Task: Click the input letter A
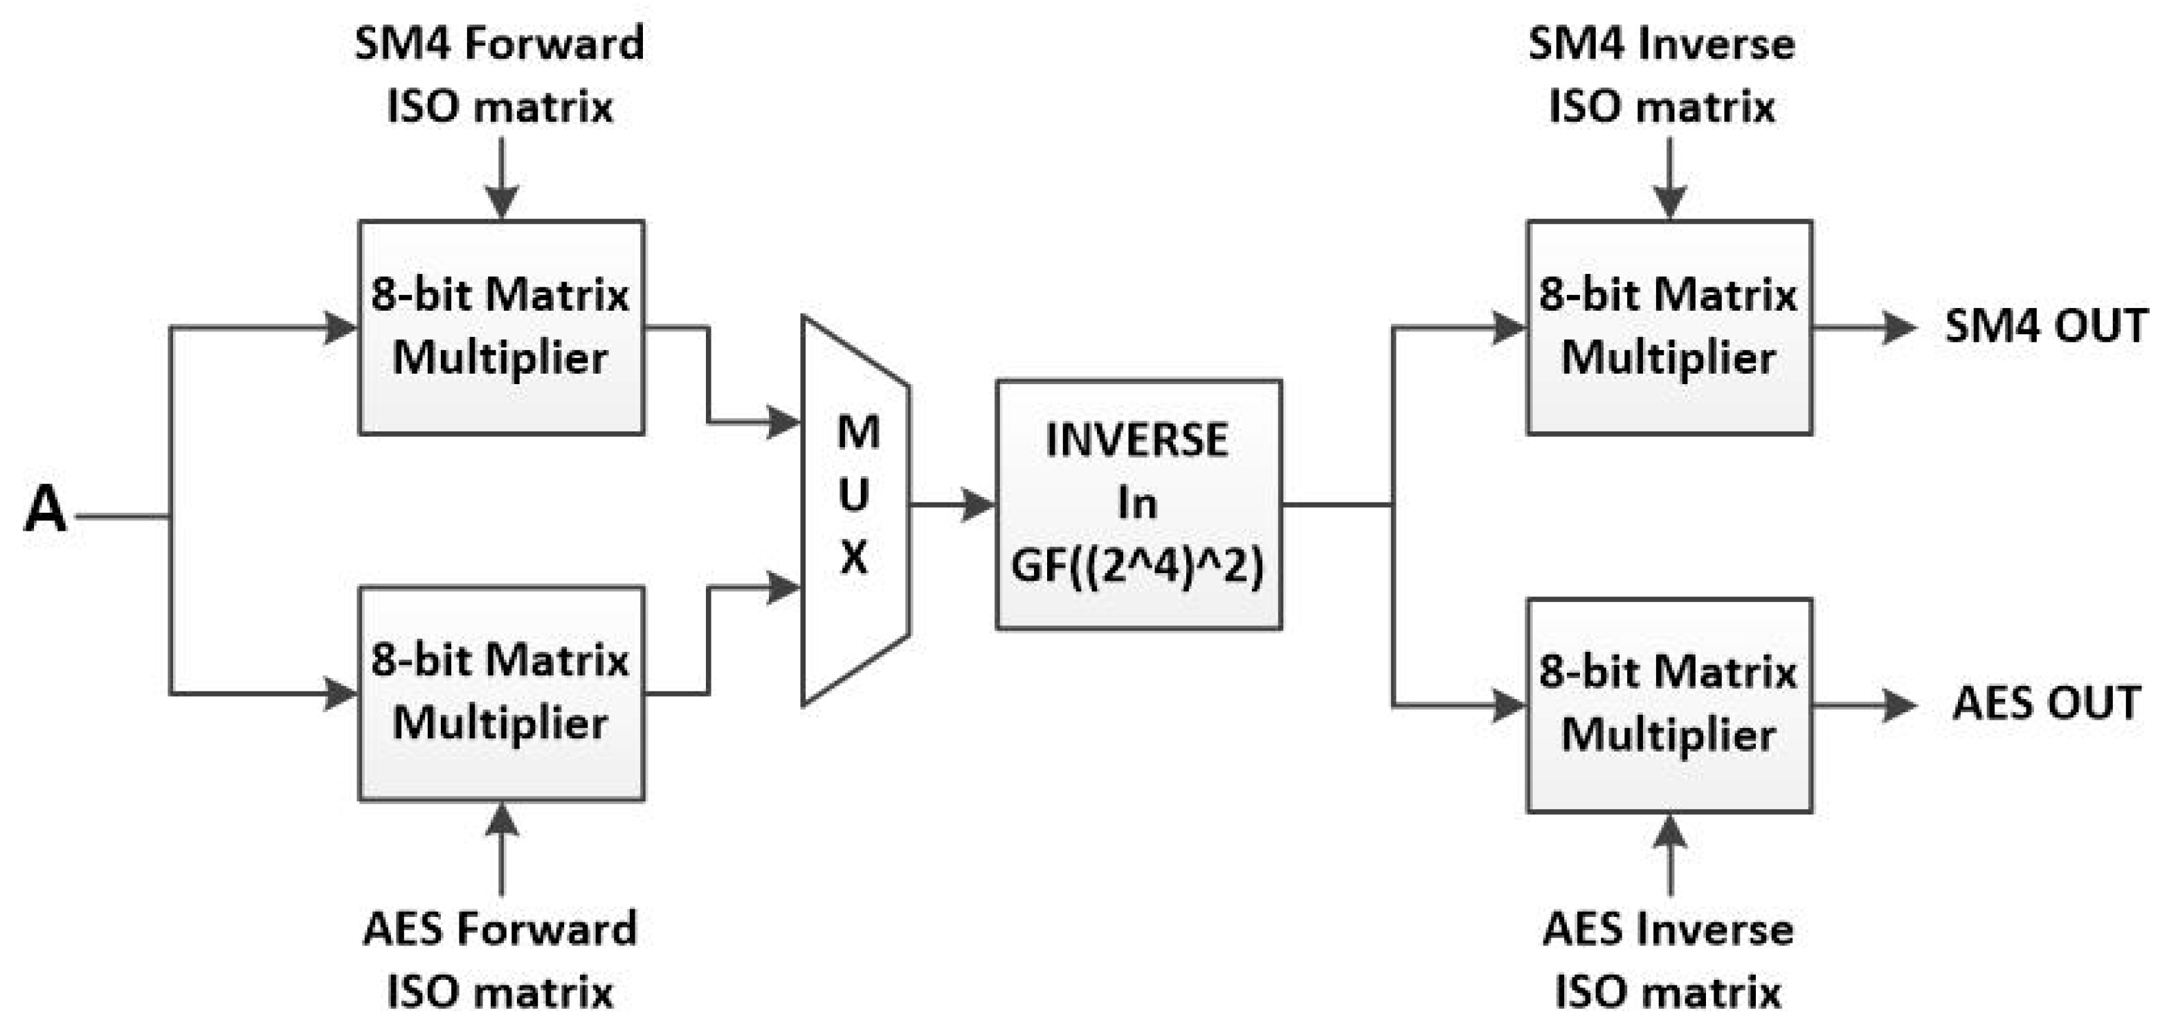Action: pos(44,511)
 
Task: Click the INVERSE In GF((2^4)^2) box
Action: pos(1138,505)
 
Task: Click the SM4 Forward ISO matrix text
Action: pos(499,76)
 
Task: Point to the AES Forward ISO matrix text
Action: pos(499,960)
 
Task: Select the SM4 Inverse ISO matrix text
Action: pos(1661,76)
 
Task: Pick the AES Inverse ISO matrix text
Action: pos(1667,960)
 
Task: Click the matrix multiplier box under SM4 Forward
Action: pos(501,327)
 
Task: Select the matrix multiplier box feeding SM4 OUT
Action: pos(1669,327)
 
